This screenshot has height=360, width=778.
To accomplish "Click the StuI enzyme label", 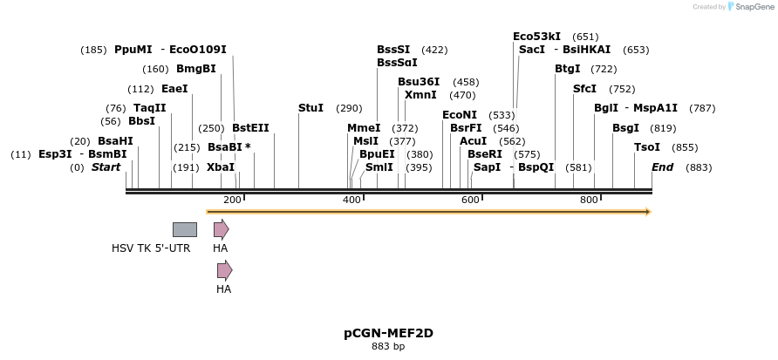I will click(x=311, y=108).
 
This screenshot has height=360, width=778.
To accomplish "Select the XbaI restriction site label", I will click(x=221, y=167).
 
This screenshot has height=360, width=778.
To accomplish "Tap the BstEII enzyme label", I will click(x=250, y=128).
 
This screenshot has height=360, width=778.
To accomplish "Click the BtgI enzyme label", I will click(x=568, y=69).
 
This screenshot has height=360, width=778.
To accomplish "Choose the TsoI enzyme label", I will click(x=647, y=147).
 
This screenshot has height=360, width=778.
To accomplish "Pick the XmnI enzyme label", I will click(x=420, y=95).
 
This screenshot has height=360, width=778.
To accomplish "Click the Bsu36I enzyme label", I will click(x=419, y=82).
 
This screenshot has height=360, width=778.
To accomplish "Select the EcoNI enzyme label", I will click(x=460, y=115).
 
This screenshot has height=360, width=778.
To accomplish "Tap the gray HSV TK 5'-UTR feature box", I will click(x=184, y=229).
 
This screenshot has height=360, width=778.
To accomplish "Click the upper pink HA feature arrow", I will click(x=222, y=229).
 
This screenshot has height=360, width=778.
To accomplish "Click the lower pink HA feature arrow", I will click(x=224, y=270).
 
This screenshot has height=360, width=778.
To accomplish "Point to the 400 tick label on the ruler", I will click(x=351, y=200).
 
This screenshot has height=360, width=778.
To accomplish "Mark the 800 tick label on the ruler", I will click(x=589, y=200).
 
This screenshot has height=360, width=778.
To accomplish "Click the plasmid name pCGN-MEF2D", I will click(x=388, y=333).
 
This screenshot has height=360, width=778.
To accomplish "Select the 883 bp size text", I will click(x=388, y=347).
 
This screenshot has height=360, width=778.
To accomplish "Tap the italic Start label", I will click(x=106, y=167).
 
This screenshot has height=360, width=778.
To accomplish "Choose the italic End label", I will click(x=662, y=167).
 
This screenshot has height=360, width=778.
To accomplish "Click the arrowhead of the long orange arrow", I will click(x=647, y=212).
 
